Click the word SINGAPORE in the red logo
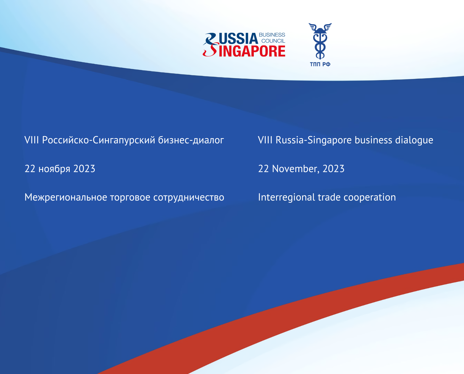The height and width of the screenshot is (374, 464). [244, 51]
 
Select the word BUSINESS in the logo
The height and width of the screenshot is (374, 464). [272, 35]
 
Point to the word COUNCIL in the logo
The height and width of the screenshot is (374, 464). [273, 41]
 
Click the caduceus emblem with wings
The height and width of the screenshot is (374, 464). [320, 41]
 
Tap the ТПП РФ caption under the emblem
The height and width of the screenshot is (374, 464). [320, 64]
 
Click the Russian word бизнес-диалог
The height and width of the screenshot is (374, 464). [191, 140]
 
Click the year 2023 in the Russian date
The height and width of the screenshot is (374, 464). [84, 169]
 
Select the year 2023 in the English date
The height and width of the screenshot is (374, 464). [334, 169]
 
